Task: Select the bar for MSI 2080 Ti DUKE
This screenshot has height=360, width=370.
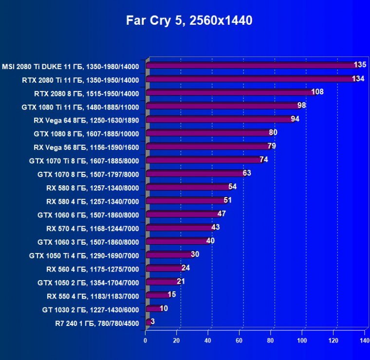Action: pos(251,65)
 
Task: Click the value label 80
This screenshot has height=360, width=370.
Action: pos(273,132)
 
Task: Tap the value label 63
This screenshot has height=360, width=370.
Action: pos(246,173)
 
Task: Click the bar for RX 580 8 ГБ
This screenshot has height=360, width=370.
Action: pos(188,187)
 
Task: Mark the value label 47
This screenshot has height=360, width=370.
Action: pos(222,213)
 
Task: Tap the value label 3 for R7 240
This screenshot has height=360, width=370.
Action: pos(152,321)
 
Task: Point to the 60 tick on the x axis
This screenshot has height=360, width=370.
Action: pos(239,341)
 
